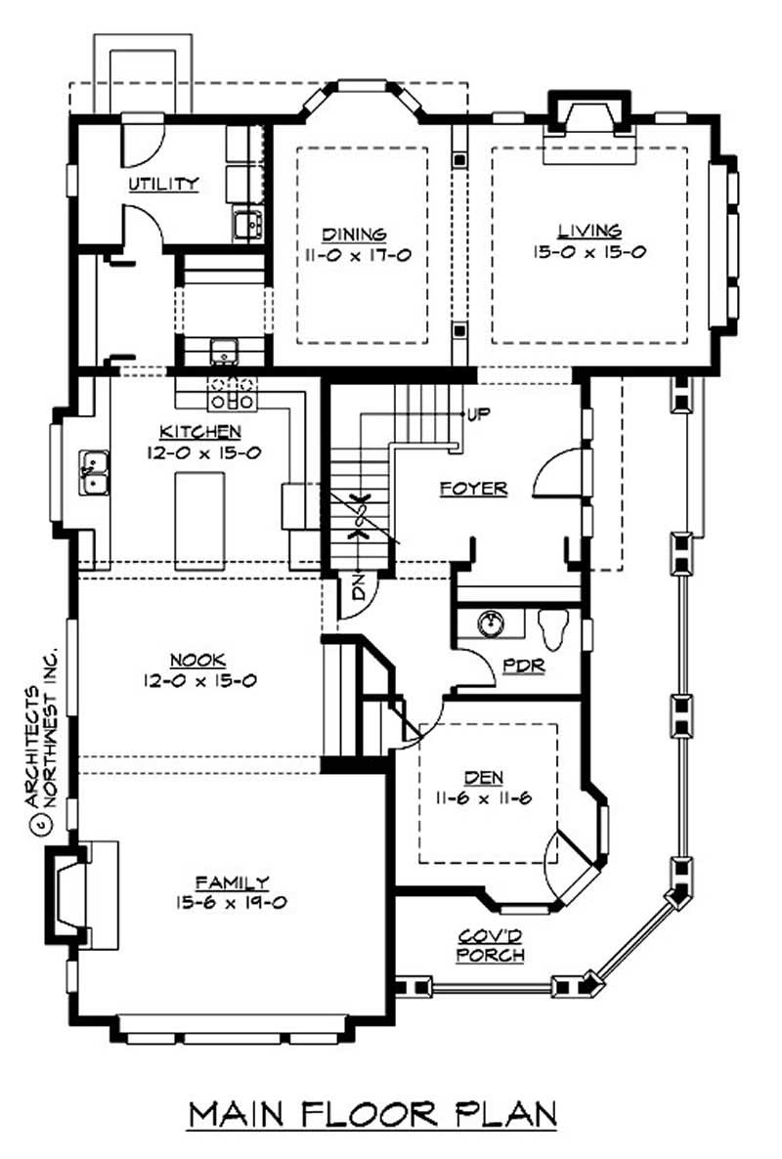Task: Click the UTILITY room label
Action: coord(163,184)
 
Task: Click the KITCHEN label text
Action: coord(201,431)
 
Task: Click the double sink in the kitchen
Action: coord(94,472)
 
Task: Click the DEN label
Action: coord(484,778)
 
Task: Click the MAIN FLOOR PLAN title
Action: coord(372,1114)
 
